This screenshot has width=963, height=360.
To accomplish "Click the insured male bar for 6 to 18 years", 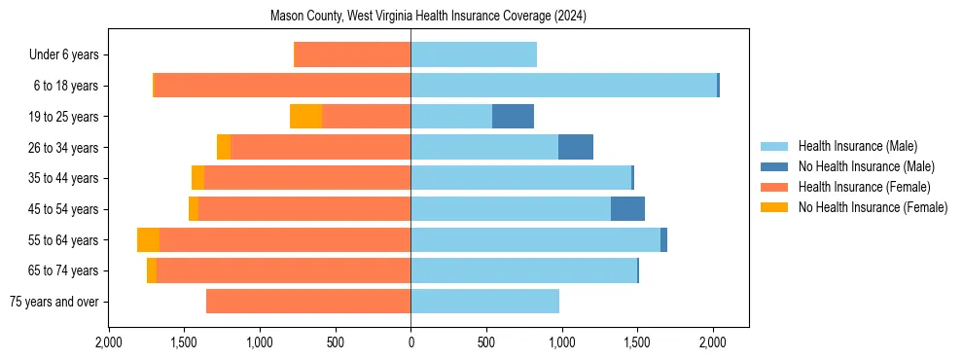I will pos(563,86).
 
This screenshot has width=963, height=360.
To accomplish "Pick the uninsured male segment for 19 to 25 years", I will pos(513,117).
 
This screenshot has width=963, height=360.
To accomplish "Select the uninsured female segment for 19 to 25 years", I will pos(305,117).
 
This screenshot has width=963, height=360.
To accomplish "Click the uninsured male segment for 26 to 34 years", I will pos(576,147).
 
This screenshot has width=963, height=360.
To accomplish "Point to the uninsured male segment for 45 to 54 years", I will pos(627,209).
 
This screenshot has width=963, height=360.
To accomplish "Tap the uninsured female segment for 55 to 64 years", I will pos(148,240).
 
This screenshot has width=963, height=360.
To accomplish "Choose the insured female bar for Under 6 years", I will pos(352,54).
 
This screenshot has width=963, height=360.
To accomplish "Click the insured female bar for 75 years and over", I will pos(308,302).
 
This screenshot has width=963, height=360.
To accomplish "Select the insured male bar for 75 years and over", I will pos(484,302).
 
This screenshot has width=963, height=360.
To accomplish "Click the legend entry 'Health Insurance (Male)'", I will pos(857,146).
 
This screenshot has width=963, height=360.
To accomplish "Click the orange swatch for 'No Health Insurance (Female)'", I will pos(774,207).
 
